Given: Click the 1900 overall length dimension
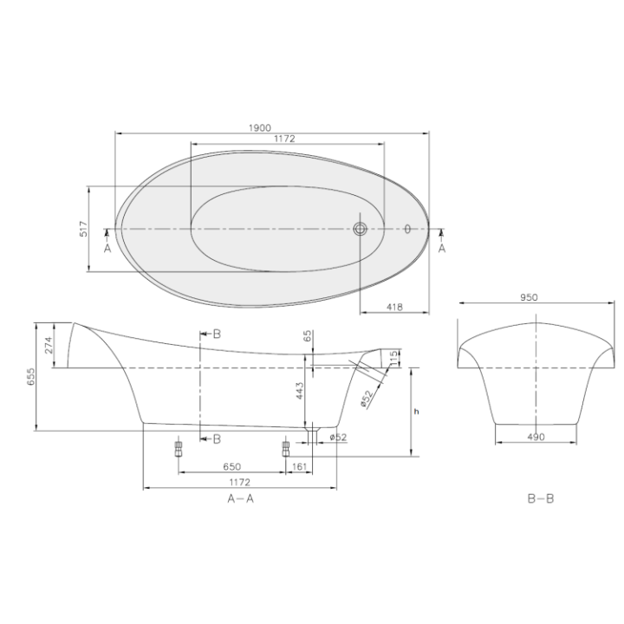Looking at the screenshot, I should pyautogui.click(x=258, y=127).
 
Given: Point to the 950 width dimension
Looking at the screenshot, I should pyautogui.click(x=530, y=297).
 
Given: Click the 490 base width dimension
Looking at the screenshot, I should pyautogui.click(x=535, y=437).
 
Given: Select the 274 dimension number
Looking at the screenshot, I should pyautogui.click(x=49, y=346).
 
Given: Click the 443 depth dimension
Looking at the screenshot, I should pyautogui.click(x=299, y=395).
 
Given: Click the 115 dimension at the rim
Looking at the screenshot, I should pyautogui.click(x=393, y=355).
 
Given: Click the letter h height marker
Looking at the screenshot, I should pyautogui.click(x=416, y=411).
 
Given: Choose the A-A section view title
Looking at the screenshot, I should pyautogui.click(x=240, y=498).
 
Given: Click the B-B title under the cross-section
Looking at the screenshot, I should pyautogui.click(x=540, y=499).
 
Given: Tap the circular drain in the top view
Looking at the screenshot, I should pyautogui.click(x=361, y=230).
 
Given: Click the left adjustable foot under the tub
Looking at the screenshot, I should pyautogui.click(x=179, y=448).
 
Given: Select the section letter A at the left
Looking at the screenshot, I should pyautogui.click(x=107, y=247).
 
